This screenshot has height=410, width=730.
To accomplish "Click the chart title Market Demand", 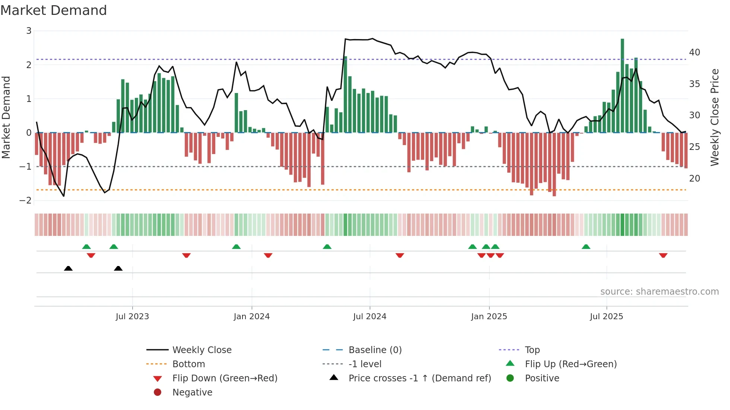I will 54,10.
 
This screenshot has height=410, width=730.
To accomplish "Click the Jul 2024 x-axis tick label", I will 369,317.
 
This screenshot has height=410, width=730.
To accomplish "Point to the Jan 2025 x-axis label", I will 489,317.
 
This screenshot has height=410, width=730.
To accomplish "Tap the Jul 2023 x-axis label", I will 132,317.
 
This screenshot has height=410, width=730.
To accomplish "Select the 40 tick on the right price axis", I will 694,52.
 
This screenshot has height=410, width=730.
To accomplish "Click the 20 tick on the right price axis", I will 694,179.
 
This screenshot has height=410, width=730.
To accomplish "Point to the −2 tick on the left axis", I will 26,201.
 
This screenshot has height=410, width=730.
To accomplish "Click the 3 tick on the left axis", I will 29,31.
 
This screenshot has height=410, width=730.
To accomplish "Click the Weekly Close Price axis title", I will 714,117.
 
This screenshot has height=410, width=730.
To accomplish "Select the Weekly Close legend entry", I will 201,350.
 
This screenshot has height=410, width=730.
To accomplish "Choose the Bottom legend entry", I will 188,364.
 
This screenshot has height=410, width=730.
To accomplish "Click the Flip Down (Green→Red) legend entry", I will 225,378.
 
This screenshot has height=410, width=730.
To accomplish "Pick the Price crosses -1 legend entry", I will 419,378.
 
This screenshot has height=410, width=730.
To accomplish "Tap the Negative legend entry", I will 192,393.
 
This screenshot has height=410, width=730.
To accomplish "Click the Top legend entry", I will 532,350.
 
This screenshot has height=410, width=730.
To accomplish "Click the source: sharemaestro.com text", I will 659,292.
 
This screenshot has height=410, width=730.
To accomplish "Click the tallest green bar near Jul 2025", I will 622,86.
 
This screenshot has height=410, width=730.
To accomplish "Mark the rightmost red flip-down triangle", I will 663,255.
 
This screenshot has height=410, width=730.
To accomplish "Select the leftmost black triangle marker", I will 68,268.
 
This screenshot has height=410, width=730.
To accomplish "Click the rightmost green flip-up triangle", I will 586,247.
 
